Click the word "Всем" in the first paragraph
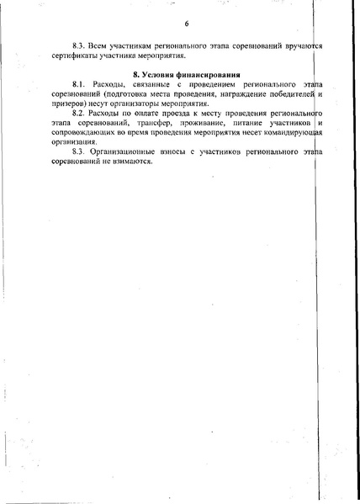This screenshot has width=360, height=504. coord(99,43)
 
